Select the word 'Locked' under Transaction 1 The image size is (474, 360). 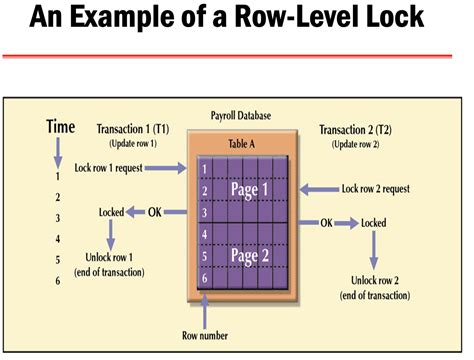[x=111, y=212]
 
